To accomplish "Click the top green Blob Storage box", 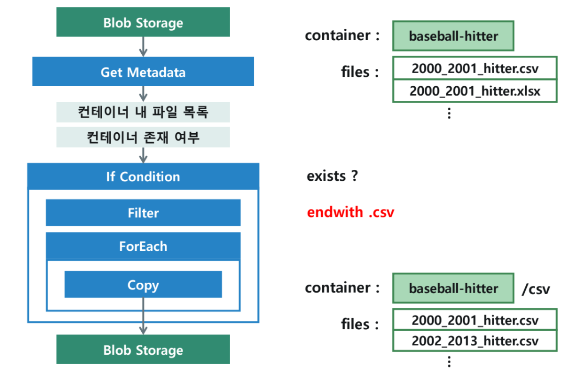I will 143,23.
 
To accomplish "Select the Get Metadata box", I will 143,72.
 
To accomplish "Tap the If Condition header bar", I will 143,177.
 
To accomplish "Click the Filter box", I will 143,213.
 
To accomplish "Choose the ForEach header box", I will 143,246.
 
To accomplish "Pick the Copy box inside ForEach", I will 143,285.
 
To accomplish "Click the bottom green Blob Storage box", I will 143,350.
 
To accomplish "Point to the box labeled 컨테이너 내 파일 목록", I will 143,113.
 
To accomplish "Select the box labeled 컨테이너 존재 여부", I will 143,137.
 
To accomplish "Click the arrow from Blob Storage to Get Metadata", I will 143,47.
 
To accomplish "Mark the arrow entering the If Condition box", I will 143,155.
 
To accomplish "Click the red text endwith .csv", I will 350,212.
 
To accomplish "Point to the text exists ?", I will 332,176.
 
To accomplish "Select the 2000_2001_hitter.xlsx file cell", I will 475,91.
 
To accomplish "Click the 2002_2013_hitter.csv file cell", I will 475,341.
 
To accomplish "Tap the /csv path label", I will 536,289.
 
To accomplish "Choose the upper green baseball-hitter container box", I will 453,36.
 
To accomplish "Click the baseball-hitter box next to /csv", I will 453,288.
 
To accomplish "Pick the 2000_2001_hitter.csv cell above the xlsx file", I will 475,68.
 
